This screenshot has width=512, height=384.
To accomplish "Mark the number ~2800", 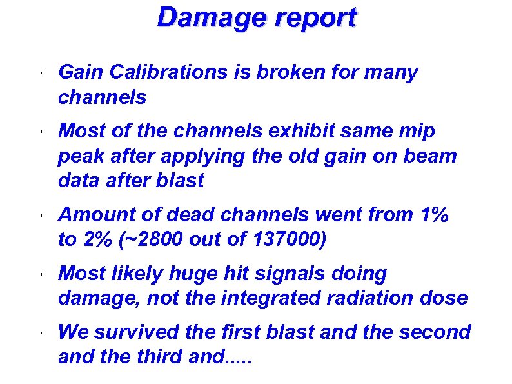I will tap(155, 240).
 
